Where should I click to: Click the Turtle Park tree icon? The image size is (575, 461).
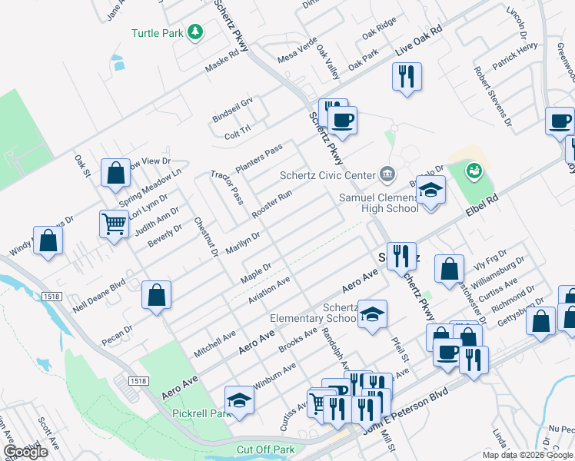click(196, 32)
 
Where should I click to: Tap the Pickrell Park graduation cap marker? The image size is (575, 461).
click(239, 400)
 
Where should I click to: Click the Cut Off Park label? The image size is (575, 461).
click(266, 449)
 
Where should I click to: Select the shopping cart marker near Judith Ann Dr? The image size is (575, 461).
click(114, 224)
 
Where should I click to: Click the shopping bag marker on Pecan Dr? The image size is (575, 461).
click(156, 295)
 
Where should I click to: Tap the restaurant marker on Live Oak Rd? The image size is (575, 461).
click(407, 76)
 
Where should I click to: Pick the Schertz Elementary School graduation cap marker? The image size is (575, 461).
click(373, 314)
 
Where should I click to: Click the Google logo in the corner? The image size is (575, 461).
click(25, 452)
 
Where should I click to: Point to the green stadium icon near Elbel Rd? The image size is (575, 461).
click(474, 168)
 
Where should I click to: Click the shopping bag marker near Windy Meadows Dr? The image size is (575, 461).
click(48, 240)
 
